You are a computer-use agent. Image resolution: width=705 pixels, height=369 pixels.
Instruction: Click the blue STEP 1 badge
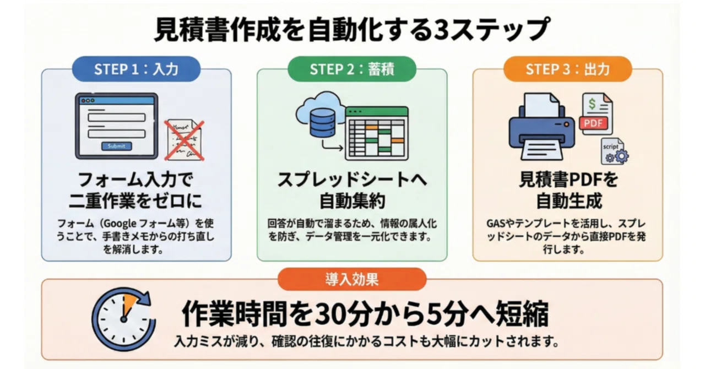pyautogui.click(x=136, y=69)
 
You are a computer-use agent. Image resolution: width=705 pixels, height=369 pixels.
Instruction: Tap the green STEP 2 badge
pyautogui.click(x=352, y=69)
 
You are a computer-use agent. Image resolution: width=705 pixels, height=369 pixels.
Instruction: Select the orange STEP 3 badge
pyautogui.click(x=568, y=69)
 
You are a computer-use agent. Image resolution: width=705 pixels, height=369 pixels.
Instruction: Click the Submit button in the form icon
pyautogui.click(x=116, y=146)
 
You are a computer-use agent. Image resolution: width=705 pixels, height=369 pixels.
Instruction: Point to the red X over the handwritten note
pyautogui.click(x=185, y=141)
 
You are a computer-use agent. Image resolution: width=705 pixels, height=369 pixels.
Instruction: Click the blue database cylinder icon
pyautogui.click(x=322, y=123)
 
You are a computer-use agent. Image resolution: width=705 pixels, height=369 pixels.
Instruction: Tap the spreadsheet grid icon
pyautogui.click(x=377, y=133)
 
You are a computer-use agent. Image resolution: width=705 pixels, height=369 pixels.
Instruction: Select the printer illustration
pyautogui.click(x=541, y=127)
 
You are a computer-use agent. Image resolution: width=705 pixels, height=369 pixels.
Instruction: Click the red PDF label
pyautogui.click(x=593, y=123)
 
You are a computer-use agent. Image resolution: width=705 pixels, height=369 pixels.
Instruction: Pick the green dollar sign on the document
pyautogui.click(x=592, y=104)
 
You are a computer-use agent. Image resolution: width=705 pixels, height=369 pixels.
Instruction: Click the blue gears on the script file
pyautogui.click(x=617, y=156)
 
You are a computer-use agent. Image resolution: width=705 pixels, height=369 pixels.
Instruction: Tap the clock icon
pyautogui.click(x=123, y=319)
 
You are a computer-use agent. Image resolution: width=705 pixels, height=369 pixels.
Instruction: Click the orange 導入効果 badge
pyautogui.click(x=352, y=279)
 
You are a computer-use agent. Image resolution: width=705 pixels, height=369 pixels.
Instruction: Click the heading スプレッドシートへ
pyautogui.click(x=352, y=180)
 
